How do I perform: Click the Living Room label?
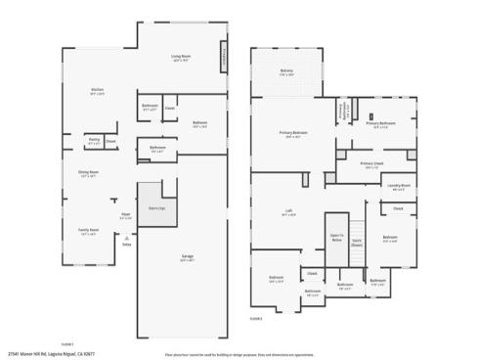pos(180,58)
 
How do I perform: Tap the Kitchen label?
pos(98,91)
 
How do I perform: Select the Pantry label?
pos(94,141)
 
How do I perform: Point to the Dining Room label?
pos(89,173)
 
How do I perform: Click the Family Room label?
pos(88,232)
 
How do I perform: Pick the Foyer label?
pos(126,215)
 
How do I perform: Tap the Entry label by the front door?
pos(127,244)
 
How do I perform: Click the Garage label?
pos(187,258)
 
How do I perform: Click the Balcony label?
pos(287,73)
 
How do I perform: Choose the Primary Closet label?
pos(371,164)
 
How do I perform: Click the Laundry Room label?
pos(398,186)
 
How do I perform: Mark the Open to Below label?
pos(336,238)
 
